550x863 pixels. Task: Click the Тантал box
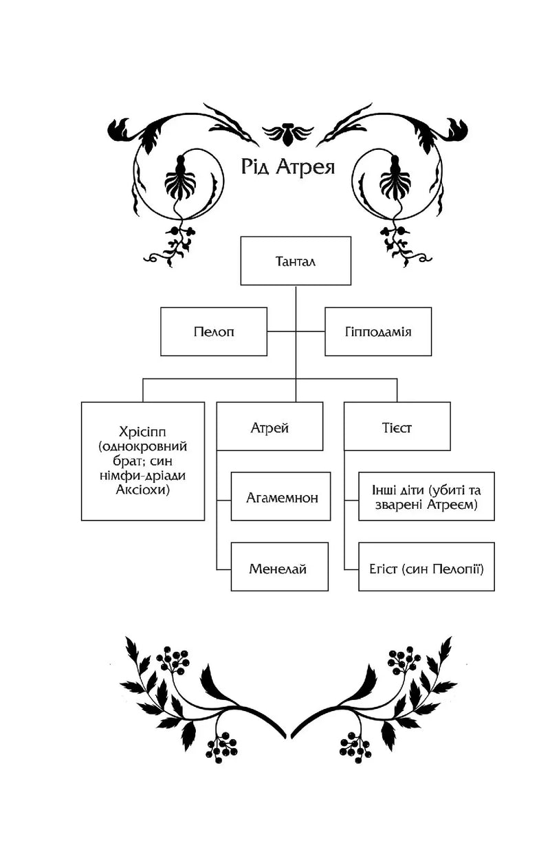(296, 261)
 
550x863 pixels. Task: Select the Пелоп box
(214, 331)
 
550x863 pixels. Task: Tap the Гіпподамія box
(378, 331)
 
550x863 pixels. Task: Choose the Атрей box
(269, 426)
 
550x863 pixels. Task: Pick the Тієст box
(397, 426)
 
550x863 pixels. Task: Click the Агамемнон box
(280, 496)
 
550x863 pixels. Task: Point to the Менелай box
(280, 567)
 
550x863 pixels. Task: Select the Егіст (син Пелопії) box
(426, 567)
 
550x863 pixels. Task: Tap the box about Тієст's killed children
(426, 496)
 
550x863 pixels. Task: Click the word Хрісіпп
(142, 432)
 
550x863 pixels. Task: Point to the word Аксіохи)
(142, 490)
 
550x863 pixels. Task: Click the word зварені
(398, 505)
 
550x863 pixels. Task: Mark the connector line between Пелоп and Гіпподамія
(296, 331)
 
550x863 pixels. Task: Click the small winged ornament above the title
(287, 134)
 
